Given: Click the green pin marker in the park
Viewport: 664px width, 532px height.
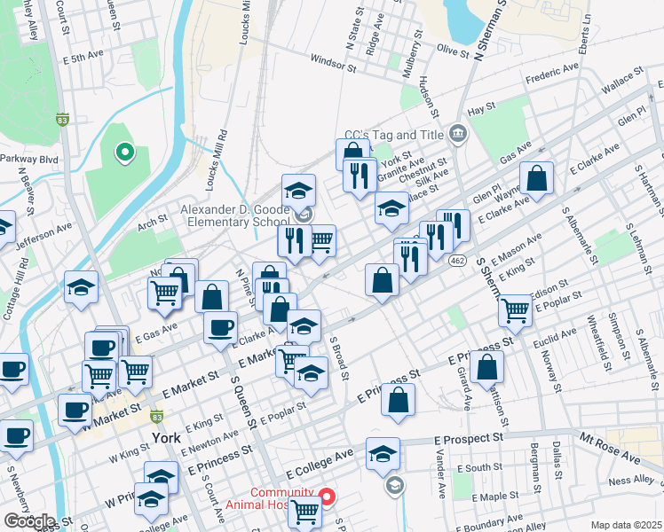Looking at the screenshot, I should click(x=125, y=153).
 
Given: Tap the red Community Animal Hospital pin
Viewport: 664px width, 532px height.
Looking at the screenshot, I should click(x=327, y=497).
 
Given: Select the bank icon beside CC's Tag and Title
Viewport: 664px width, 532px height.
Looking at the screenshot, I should click(x=457, y=134).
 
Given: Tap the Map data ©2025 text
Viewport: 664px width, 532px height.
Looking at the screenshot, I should click(x=626, y=525).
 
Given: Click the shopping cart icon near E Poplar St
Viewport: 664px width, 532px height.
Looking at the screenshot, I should click(x=515, y=310).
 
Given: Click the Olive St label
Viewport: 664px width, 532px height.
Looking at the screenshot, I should click(x=452, y=52).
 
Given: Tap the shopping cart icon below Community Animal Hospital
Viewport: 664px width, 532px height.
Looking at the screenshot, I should click(x=304, y=511).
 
